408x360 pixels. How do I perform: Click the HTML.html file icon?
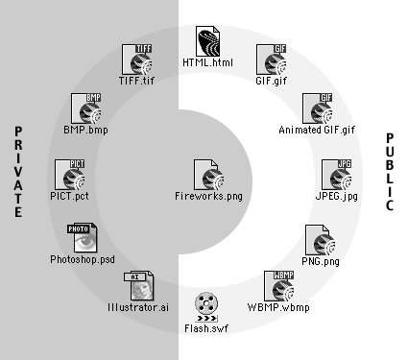tap(208, 41)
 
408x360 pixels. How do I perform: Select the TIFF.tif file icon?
tap(137, 60)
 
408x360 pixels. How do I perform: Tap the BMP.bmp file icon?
tap(85, 108)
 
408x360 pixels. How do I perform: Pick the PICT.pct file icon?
tap(70, 175)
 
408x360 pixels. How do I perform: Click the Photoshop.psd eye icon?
tap(83, 238)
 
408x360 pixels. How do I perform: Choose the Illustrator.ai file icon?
tap(139, 286)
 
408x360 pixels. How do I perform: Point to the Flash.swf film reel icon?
tap(206, 307)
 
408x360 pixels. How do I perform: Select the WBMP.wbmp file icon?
tap(279, 286)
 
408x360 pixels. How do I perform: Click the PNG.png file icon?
tap(321, 240)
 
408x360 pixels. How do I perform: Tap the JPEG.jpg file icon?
tap(337, 175)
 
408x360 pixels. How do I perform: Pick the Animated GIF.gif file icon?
tap(318, 108)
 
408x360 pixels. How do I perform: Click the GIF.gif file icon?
tap(272, 60)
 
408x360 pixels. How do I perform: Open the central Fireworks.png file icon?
tap(208, 175)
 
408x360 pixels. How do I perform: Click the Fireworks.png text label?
tap(208, 197)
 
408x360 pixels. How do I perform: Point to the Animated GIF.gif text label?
tap(317, 130)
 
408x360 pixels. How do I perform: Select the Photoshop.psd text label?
tap(83, 259)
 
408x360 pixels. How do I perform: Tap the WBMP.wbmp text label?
tap(278, 308)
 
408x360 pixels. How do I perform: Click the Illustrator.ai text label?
tap(138, 307)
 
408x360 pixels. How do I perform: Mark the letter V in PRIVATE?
tap(18, 172)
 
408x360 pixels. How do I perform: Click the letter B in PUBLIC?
tap(390, 165)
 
